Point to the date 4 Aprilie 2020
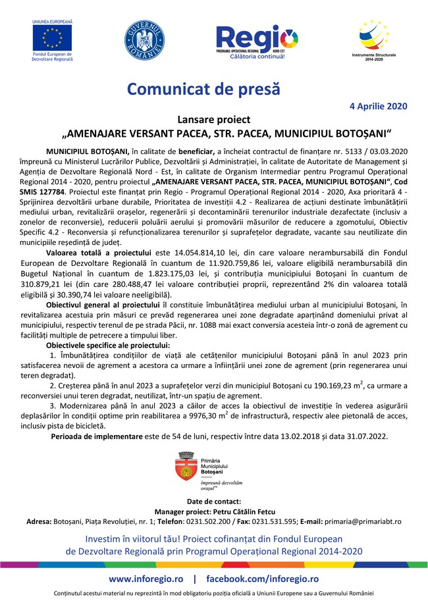378,106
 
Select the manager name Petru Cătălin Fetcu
244,511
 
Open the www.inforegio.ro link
146,578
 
